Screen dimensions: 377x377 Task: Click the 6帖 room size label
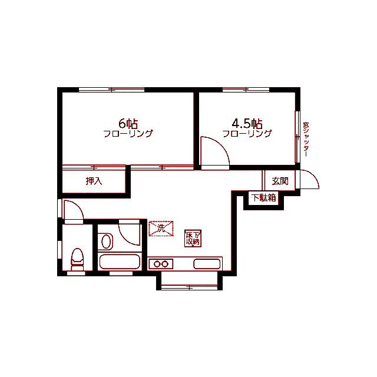128,124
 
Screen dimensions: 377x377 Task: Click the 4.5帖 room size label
247,124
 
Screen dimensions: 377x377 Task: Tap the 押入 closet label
94,181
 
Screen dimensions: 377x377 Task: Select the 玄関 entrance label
280,181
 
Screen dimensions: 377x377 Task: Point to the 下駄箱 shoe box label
264,198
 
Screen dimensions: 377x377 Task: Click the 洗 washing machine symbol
161,229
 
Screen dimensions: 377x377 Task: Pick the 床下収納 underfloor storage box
193,238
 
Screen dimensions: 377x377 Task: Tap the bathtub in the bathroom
120,262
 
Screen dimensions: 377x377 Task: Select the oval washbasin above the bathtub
106,242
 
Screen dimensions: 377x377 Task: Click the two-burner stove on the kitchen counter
161,264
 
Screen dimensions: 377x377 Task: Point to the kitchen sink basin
207,264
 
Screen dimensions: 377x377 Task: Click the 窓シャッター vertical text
306,140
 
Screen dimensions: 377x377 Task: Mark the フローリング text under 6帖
128,134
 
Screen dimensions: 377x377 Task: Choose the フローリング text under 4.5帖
247,134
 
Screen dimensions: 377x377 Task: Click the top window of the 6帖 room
111,90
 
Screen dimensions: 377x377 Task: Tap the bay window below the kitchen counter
190,287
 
